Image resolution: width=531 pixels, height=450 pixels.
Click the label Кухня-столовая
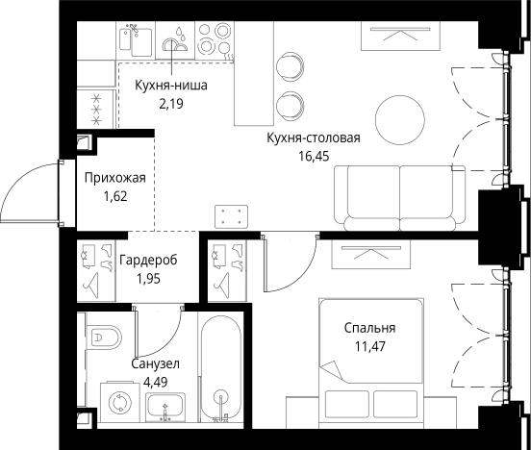coord(314,137)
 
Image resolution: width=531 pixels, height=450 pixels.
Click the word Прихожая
coord(114,178)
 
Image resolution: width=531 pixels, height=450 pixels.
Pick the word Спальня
coord(370,328)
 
